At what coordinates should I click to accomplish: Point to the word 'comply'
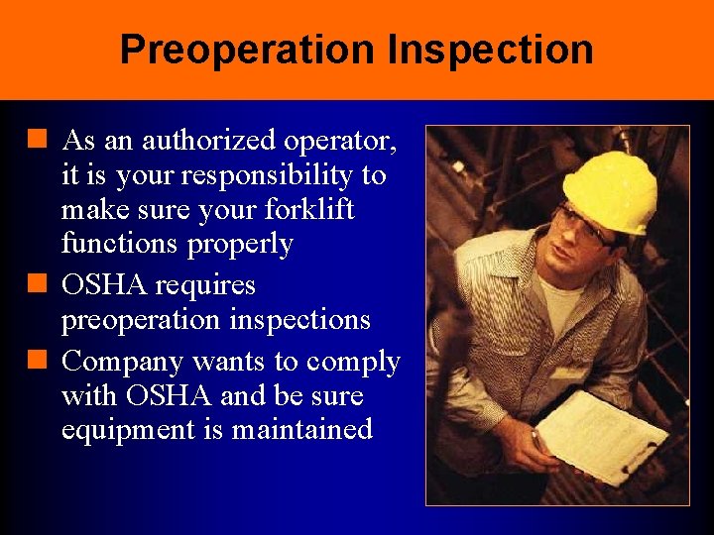[353, 364]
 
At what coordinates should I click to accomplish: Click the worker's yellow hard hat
[610, 187]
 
